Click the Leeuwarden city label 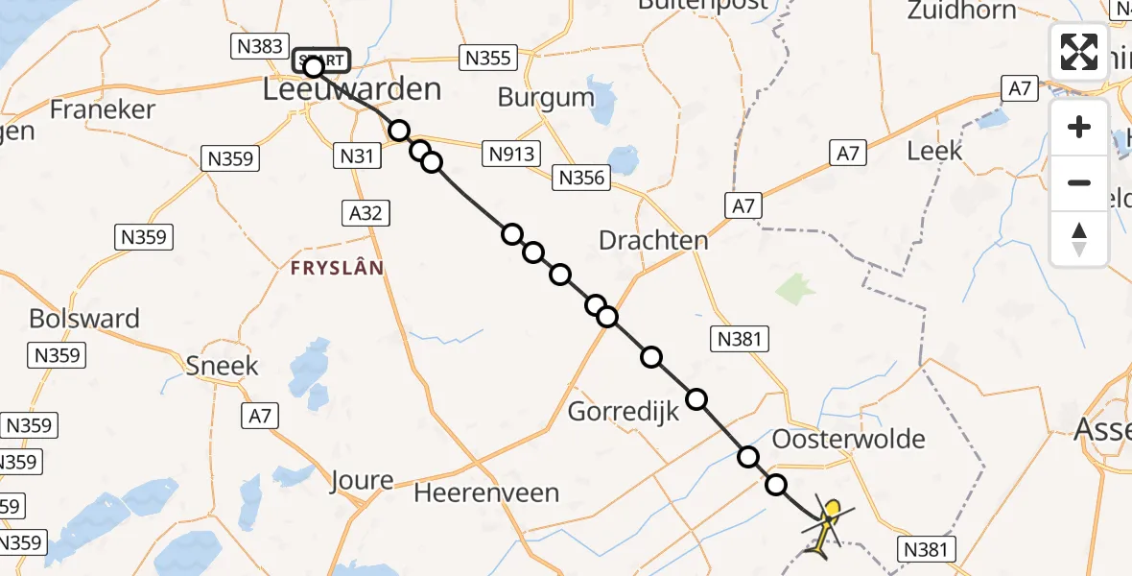[352, 90]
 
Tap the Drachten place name [653, 240]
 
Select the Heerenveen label [486, 493]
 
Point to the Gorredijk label [624, 412]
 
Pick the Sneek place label [223, 366]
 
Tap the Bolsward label [84, 319]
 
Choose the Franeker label [102, 109]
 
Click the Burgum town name [546, 97]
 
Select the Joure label [361, 480]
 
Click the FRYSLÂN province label [337, 269]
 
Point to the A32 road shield [366, 213]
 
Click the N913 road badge [513, 153]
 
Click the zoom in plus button [1079, 128]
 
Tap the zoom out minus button [1079, 182]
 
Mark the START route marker [321, 60]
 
